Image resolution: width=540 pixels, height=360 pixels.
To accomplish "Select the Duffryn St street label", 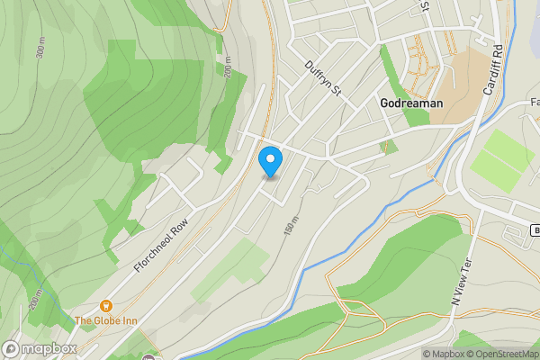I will click(325, 78).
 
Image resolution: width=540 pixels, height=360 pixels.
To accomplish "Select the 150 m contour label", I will click(290, 229).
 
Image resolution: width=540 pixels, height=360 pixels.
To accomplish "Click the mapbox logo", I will click(40, 348).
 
